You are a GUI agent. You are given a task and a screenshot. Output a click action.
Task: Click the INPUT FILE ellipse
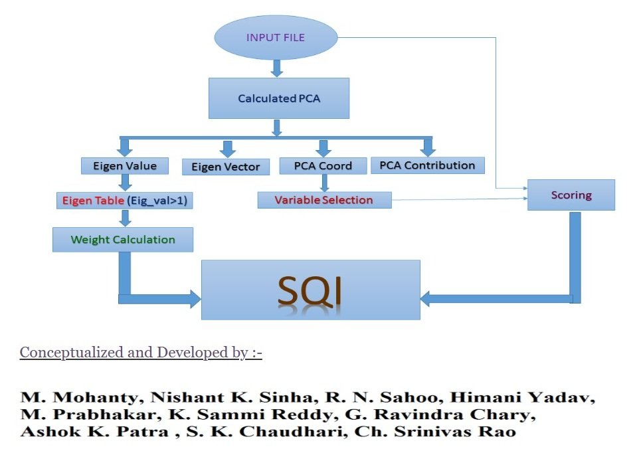tap(276, 38)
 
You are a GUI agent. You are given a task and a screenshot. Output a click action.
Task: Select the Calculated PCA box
tap(279, 98)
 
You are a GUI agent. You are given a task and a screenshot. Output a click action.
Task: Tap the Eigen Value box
tap(124, 165)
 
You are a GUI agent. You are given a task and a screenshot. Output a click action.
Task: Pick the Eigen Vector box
tap(225, 167)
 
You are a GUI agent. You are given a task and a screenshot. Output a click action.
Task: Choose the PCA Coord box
tap(323, 165)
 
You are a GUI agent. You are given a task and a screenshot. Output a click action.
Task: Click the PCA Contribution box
tap(427, 165)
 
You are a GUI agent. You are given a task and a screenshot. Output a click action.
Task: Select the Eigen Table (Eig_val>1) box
tap(124, 200)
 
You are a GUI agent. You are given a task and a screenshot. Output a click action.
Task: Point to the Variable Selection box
tap(324, 200)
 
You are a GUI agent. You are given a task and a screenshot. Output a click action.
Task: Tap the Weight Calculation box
tap(123, 240)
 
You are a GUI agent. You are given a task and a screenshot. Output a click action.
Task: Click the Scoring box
tap(571, 195)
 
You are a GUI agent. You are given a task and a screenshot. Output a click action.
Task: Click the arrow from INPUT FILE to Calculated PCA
tap(278, 68)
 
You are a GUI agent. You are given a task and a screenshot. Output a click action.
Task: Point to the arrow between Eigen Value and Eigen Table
tap(124, 183)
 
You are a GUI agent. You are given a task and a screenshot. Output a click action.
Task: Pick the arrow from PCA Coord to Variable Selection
tap(323, 183)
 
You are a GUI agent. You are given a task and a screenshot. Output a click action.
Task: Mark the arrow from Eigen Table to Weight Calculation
tap(124, 219)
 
